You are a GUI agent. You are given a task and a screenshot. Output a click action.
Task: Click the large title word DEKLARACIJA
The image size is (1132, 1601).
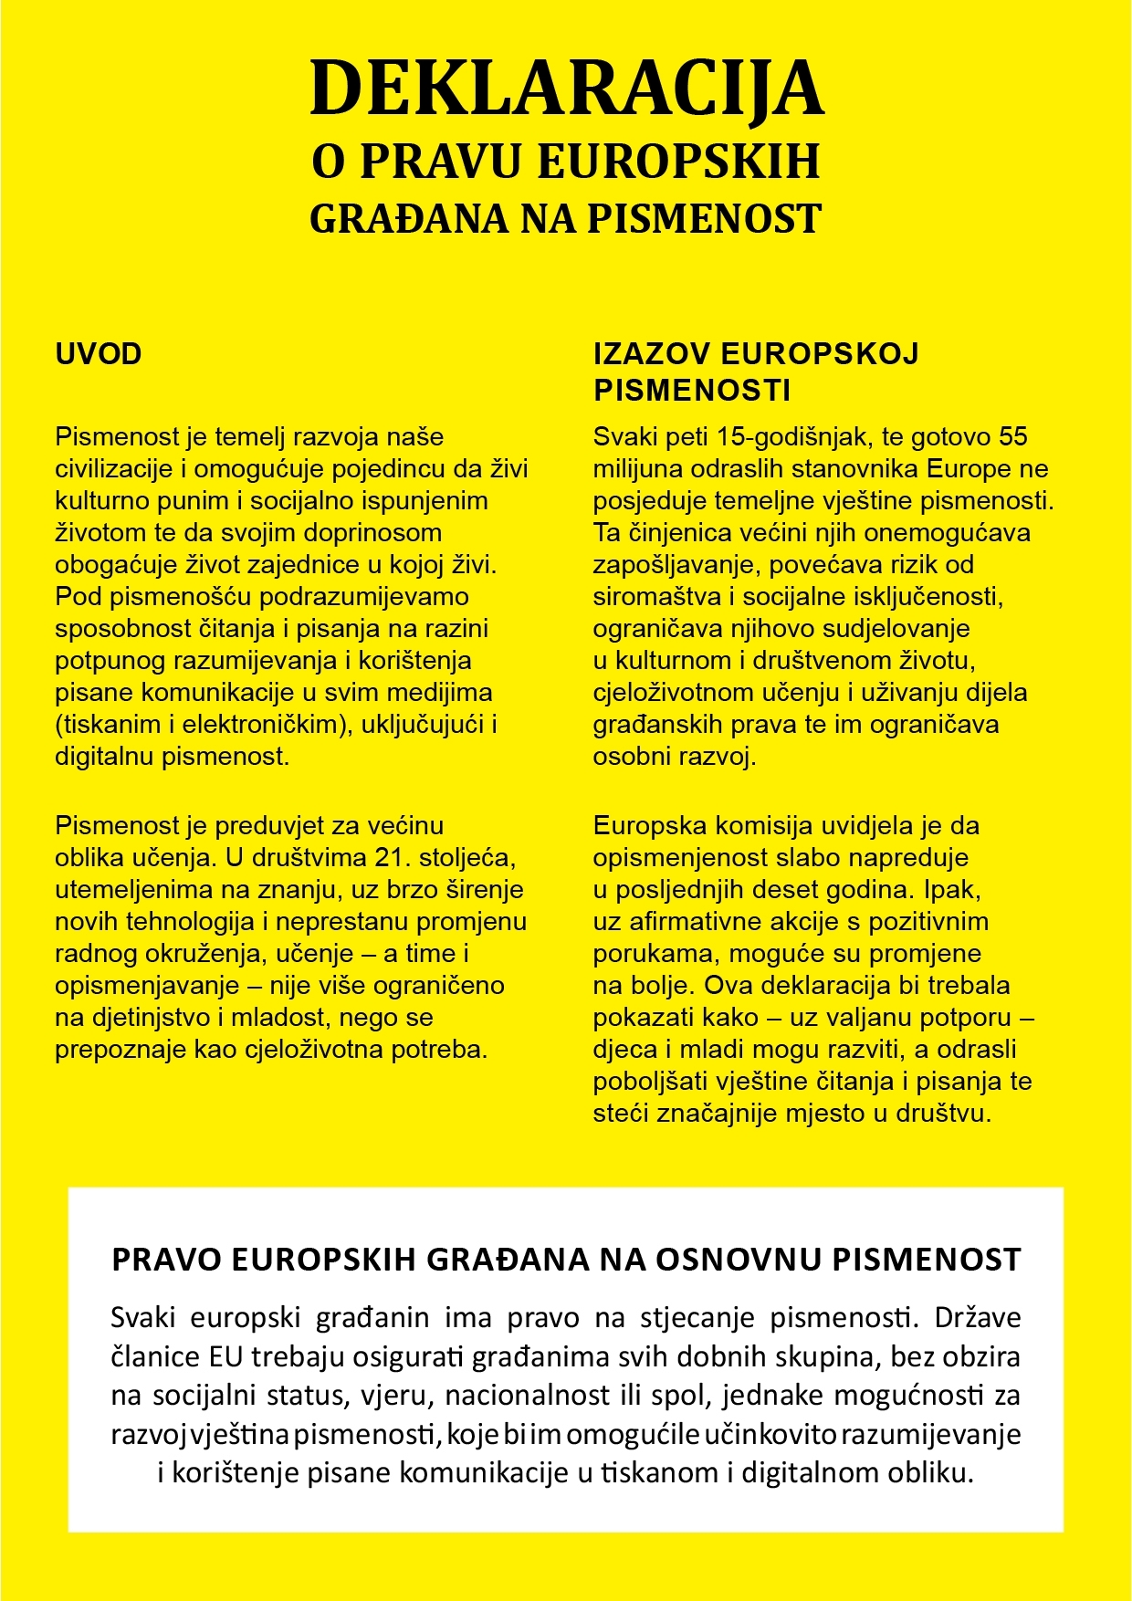coord(566,88)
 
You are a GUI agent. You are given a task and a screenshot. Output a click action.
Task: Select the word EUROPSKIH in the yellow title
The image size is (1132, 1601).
coord(678,162)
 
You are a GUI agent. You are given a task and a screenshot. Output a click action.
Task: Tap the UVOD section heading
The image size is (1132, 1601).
coord(99,354)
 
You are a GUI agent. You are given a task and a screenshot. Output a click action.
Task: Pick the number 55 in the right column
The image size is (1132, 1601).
coord(1013,437)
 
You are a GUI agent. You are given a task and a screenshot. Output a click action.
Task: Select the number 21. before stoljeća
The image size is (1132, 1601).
coord(393,858)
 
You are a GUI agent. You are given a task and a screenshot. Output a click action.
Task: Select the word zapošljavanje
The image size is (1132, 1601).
coord(673,565)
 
